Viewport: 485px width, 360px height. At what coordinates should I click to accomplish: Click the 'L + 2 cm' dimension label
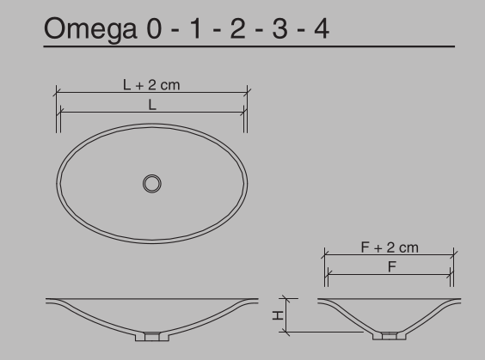[x=151, y=85]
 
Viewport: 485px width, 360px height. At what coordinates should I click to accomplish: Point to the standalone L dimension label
[x=151, y=103]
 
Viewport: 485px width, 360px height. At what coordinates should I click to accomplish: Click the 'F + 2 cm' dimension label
[x=390, y=248]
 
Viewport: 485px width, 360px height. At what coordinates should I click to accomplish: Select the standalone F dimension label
[x=390, y=266]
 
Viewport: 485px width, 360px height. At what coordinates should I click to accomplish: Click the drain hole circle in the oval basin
[x=151, y=182]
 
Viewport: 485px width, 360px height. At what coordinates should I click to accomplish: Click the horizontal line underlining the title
[x=249, y=46]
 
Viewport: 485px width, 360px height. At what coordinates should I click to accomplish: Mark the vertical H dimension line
[x=289, y=315]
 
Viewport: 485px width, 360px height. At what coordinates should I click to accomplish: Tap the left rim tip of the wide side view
[x=48, y=300]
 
